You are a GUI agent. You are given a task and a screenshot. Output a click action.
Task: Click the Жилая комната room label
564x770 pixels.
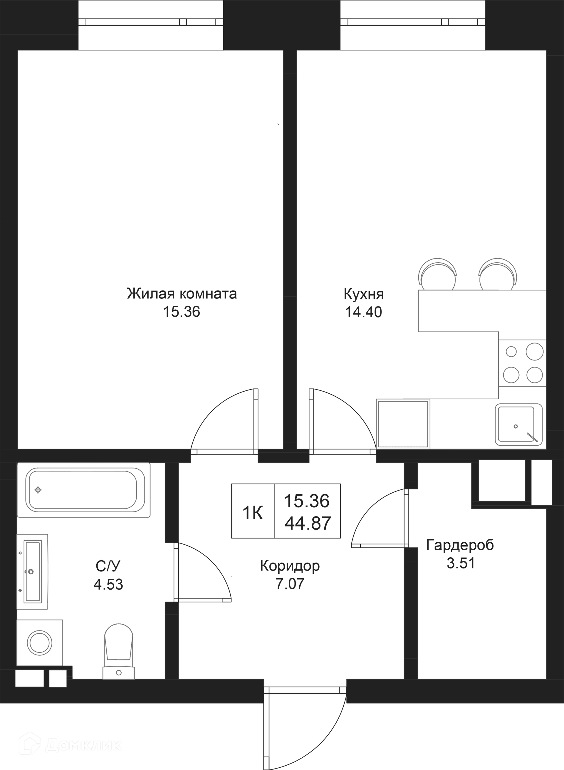click(x=182, y=294)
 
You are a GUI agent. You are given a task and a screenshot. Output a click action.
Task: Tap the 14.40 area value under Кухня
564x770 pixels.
click(x=363, y=312)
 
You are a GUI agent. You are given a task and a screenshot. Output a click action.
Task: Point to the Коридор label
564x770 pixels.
click(x=290, y=566)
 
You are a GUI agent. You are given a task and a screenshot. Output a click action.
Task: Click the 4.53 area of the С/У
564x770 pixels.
click(x=108, y=585)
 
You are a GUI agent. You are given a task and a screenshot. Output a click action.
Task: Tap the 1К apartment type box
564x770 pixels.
click(x=253, y=513)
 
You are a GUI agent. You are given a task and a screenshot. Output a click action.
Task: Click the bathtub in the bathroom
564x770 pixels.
click(x=84, y=490)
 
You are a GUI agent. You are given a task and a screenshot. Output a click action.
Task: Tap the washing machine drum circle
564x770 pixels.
click(x=40, y=642)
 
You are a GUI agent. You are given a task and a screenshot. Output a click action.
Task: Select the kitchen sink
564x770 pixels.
click(x=518, y=425)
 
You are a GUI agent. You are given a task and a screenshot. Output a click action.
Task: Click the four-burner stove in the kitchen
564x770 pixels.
click(x=522, y=363)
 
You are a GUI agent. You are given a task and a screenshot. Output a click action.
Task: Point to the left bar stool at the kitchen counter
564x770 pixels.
click(x=437, y=275)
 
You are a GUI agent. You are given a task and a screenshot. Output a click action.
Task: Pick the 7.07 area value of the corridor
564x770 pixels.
click(x=290, y=584)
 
